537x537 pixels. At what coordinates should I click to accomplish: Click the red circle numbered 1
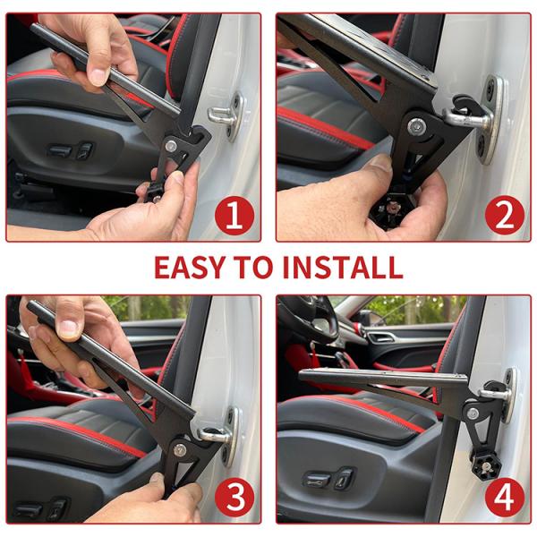pyautogui.click(x=234, y=217)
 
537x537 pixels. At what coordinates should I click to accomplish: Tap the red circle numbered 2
pyautogui.click(x=505, y=216)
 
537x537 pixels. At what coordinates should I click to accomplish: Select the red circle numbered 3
pyautogui.click(x=234, y=498)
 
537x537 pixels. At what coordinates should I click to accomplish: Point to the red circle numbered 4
pyautogui.click(x=505, y=498)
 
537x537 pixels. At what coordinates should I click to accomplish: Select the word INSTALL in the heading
pyautogui.click(x=343, y=267)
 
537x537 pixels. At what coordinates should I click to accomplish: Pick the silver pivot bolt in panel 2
pyautogui.click(x=416, y=127)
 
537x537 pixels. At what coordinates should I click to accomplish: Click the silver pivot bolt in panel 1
pyautogui.click(x=171, y=146)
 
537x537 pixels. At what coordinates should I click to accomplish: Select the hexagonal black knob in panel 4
pyautogui.click(x=486, y=466)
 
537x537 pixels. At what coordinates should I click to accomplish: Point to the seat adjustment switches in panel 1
pyautogui.click(x=71, y=150)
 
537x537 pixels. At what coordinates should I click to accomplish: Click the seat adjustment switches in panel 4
pyautogui.click(x=328, y=479)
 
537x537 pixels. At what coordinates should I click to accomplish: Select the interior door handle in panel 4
pyautogui.click(x=381, y=338)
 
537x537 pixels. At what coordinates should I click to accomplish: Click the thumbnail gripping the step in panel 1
pyautogui.click(x=98, y=77)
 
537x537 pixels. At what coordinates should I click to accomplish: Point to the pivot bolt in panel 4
pyautogui.click(x=473, y=413)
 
